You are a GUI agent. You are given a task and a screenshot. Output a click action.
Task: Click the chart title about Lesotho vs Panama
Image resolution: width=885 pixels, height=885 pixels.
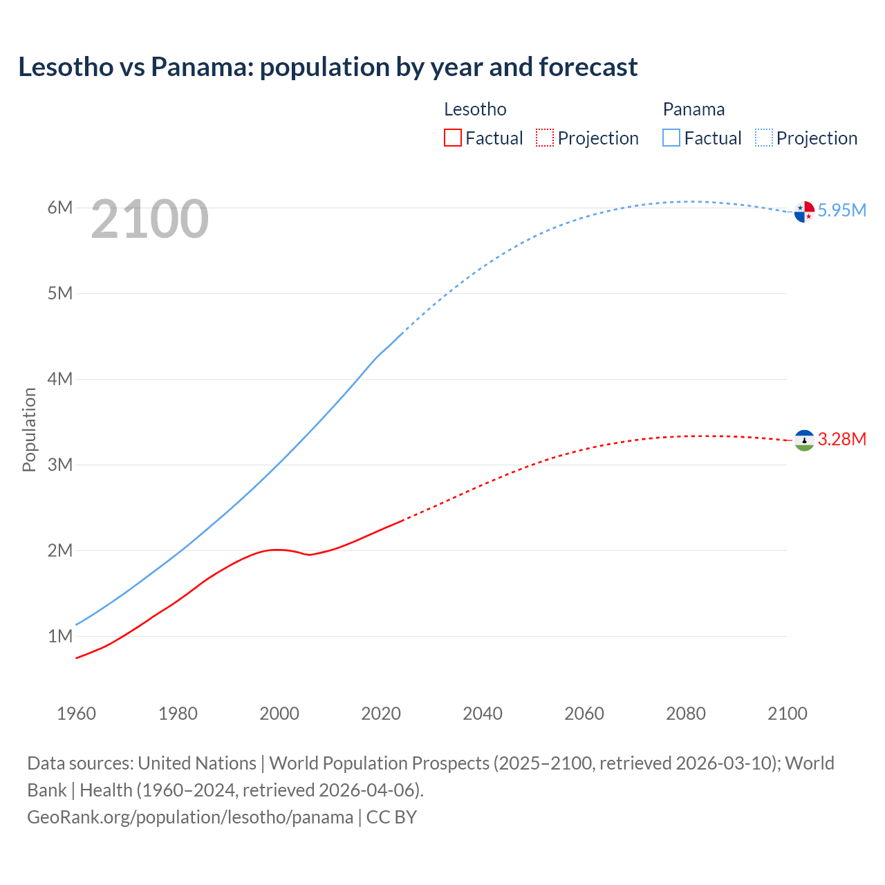coord(328,67)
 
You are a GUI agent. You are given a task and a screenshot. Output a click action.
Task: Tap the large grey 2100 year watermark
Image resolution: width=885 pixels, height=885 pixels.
coord(149,219)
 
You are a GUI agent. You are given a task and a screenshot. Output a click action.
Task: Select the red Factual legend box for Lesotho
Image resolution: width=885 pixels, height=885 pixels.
coord(453,138)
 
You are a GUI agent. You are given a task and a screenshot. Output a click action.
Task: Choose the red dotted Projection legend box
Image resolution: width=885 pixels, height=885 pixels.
coord(545,138)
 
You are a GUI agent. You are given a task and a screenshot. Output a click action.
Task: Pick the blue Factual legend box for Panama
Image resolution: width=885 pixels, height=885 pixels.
coord(671,138)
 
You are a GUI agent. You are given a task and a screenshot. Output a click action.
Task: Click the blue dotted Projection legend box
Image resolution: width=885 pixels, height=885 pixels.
coord(764,138)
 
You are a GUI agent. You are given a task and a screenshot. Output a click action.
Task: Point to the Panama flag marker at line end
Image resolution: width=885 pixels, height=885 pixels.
coord(804,212)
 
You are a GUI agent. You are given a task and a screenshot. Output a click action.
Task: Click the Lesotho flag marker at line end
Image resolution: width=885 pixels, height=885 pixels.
coord(804,440)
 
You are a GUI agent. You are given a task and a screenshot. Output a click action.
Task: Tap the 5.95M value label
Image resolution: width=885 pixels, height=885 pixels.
coord(841,210)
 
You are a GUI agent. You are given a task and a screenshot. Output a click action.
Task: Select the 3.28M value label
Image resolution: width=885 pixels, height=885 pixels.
coord(841,439)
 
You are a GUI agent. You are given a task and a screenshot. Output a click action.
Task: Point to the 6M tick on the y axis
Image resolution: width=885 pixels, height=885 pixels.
coord(60,207)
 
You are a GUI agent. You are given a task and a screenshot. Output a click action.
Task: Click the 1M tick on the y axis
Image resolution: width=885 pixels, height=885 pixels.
coord(60,636)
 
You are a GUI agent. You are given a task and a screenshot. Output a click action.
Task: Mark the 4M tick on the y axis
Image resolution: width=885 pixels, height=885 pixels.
coord(60,379)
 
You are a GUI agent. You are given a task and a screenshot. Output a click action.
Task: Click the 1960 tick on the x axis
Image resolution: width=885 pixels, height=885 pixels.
coord(76,714)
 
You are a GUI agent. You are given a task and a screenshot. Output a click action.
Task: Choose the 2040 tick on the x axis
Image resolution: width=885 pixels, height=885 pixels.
coord(483,714)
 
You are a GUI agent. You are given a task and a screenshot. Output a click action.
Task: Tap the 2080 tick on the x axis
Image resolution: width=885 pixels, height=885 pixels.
coord(686,714)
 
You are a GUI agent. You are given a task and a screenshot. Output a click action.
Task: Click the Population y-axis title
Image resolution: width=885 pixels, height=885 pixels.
coord(29,429)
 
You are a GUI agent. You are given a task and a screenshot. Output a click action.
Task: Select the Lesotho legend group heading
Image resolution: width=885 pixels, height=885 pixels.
coord(475,109)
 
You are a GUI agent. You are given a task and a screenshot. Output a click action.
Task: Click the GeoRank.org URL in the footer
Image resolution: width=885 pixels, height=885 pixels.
coord(190,817)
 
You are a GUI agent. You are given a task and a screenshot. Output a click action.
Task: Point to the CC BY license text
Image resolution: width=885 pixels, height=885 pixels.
coord(391,817)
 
